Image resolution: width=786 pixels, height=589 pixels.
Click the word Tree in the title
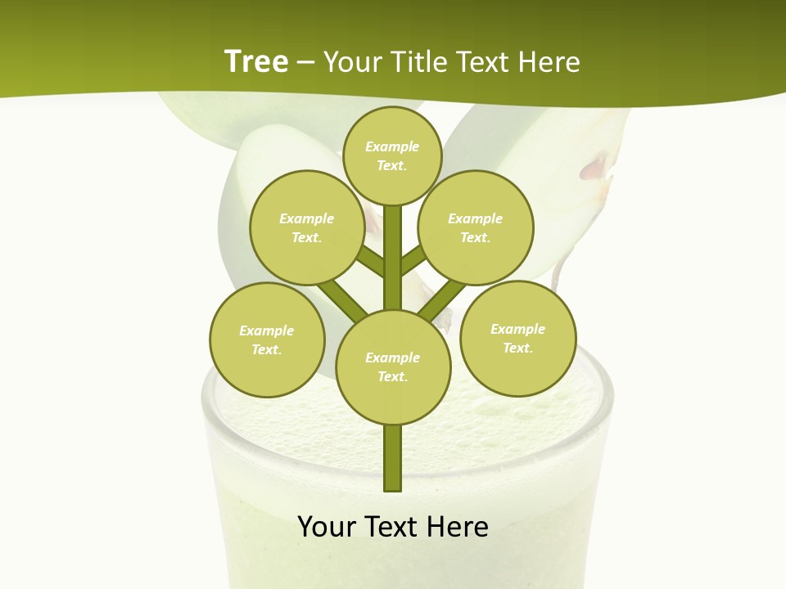click(256, 61)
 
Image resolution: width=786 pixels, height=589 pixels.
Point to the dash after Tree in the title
click(305, 62)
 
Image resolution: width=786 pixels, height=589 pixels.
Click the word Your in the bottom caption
click(327, 527)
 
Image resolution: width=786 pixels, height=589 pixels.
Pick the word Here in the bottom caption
click(458, 527)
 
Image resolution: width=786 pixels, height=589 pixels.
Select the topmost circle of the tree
click(392, 155)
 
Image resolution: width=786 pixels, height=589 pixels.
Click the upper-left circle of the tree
click(306, 227)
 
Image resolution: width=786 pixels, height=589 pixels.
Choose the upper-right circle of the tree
click(476, 227)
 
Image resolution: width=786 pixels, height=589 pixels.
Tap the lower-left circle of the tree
click(267, 339)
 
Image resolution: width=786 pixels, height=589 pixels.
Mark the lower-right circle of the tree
click(517, 338)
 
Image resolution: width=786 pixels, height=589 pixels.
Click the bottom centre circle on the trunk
click(393, 366)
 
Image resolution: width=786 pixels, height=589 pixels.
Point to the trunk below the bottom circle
click(393, 458)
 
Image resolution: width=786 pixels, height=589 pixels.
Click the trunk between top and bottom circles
click(393, 258)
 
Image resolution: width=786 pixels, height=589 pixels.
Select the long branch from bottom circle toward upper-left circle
click(341, 299)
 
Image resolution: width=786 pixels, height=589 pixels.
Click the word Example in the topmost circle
click(392, 146)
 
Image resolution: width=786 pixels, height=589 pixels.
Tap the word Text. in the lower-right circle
click(517, 348)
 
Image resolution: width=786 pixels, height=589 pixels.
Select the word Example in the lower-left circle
click(267, 330)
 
